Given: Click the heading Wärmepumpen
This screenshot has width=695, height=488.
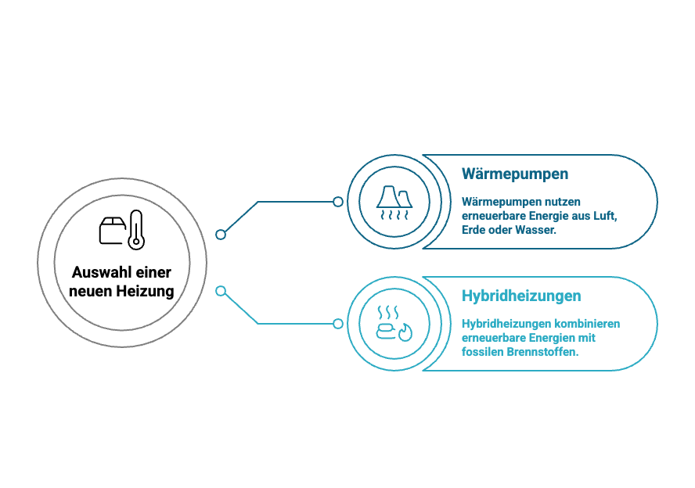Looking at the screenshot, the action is [x=515, y=174].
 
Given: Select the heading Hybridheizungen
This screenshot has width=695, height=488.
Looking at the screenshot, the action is [x=521, y=296].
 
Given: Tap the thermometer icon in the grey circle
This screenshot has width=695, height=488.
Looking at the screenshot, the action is [x=136, y=230].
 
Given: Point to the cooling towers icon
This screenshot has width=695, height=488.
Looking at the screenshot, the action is [x=394, y=203].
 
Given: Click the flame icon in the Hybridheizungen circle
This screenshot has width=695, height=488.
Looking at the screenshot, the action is [x=405, y=332].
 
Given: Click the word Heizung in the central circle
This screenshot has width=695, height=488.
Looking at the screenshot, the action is [x=146, y=292].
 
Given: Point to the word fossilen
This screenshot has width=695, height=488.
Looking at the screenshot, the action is [x=482, y=352].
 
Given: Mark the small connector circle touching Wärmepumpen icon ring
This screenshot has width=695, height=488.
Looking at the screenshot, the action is [x=338, y=202].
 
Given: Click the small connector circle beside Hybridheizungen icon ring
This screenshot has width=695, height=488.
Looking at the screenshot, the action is [x=338, y=324].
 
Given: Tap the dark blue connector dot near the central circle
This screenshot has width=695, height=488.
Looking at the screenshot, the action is [x=221, y=235].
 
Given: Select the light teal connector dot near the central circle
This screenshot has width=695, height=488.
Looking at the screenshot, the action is [x=221, y=291].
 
